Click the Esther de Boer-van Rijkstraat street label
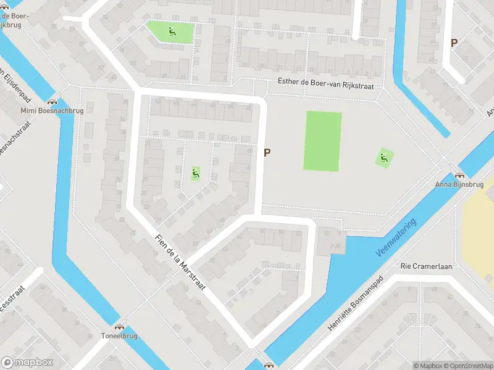click(x=326, y=87)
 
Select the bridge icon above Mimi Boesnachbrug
click(x=52, y=101)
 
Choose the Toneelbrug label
click(x=119, y=336)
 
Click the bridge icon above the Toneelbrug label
click(x=119, y=327)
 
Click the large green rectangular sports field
click(x=322, y=141)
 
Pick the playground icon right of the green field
click(x=385, y=158)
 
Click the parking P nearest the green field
click(x=267, y=152)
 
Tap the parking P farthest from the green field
click(x=454, y=43)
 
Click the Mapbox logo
click(x=27, y=363)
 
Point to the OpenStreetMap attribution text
click(x=467, y=366)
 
